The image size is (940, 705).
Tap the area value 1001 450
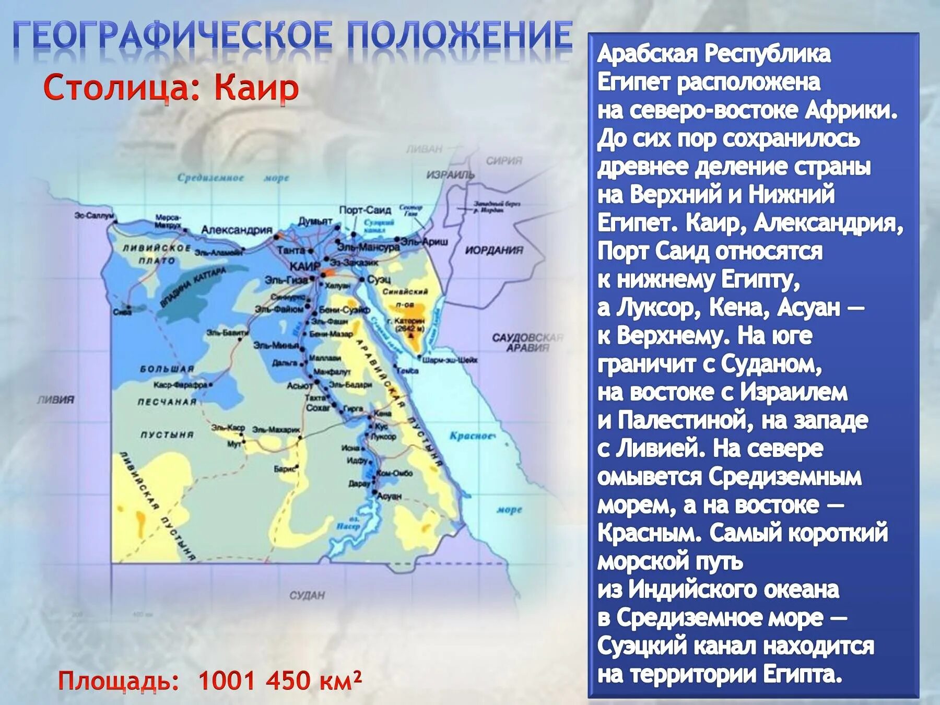click(x=252, y=680)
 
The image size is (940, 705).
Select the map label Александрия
click(x=237, y=230)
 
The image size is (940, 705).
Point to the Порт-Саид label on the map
click(x=365, y=210)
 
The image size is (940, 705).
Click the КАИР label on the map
click(x=304, y=267)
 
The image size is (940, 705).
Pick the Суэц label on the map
click(x=379, y=279)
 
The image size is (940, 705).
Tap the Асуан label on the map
click(x=389, y=496)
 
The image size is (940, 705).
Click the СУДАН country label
click(x=307, y=595)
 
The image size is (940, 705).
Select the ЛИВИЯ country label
click(x=55, y=399)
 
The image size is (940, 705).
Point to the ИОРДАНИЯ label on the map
click(x=494, y=250)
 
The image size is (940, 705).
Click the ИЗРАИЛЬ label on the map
click(x=450, y=174)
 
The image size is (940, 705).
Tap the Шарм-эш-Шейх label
click(x=450, y=360)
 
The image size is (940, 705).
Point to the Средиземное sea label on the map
click(x=210, y=178)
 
